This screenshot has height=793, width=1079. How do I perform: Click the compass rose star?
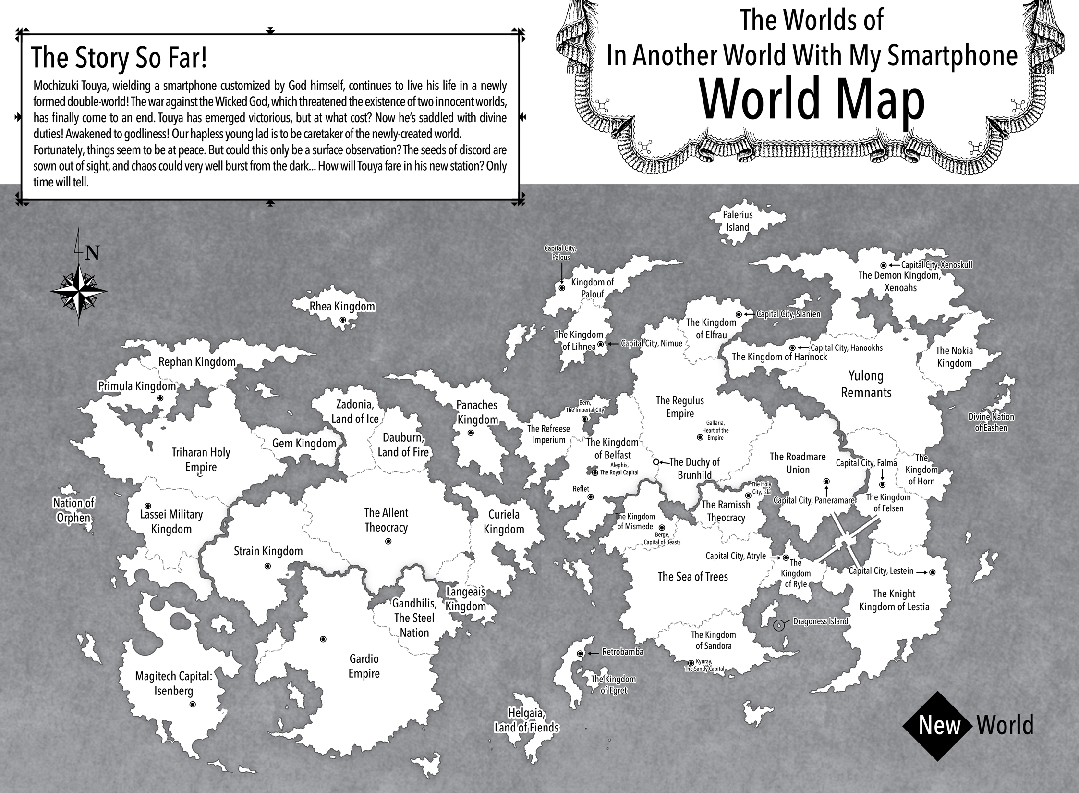(x=79, y=290)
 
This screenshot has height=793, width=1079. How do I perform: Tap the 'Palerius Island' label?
(x=738, y=221)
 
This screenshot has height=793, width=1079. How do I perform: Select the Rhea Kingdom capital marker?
(x=342, y=320)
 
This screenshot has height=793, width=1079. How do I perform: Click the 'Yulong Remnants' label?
(x=866, y=384)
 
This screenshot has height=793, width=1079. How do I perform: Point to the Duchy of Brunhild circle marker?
(x=656, y=462)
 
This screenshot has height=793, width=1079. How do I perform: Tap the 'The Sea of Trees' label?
(x=692, y=577)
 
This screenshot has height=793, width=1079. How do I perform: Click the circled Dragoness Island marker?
(x=779, y=625)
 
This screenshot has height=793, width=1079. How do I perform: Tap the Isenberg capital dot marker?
(x=193, y=704)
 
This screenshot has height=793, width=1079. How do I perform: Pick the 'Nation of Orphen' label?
(x=74, y=510)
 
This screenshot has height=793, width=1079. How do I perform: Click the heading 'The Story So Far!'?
(x=119, y=58)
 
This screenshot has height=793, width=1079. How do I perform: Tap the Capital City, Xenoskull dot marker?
(x=883, y=265)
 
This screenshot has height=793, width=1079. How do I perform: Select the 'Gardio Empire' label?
(x=364, y=666)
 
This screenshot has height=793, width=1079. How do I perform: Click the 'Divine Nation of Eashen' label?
(x=991, y=422)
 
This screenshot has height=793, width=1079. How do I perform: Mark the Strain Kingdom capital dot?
(x=267, y=567)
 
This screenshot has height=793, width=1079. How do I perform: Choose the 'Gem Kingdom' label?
(x=304, y=443)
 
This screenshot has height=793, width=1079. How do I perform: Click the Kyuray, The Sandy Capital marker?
(x=691, y=662)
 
